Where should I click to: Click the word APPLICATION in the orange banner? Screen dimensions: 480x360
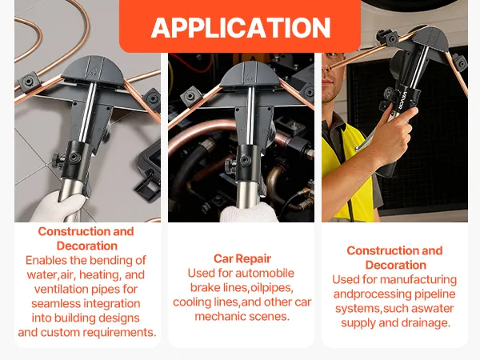click(x=241, y=27)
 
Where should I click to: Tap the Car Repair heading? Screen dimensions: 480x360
click(x=242, y=258)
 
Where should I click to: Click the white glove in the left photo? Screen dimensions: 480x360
click(x=58, y=209)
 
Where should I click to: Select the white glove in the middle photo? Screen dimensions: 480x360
click(x=249, y=212)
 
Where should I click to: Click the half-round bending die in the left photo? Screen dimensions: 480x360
click(x=92, y=70)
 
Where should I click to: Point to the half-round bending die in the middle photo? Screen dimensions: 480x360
click(x=250, y=74)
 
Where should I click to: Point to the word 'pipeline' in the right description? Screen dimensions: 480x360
click(x=435, y=294)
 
